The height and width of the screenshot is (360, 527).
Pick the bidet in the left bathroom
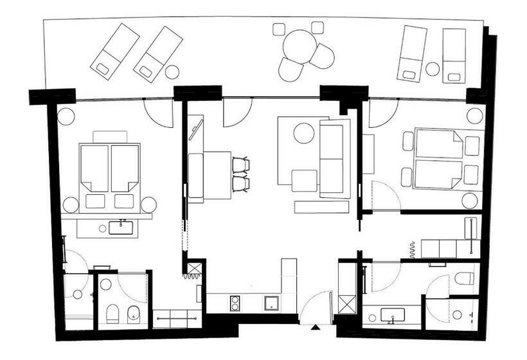[x=133, y=314]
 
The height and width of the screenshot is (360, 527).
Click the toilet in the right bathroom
[x=464, y=278]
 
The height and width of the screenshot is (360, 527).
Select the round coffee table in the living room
[x=303, y=133]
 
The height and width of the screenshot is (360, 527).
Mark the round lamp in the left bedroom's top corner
[x=66, y=116]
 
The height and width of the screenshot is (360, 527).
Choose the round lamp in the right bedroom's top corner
[x=474, y=116]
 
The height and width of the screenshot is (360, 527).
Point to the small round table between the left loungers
[x=172, y=71]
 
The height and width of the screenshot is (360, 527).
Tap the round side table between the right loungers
[x=433, y=69]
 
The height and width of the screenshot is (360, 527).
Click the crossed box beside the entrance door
[x=347, y=303]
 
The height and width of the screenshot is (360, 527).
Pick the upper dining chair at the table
[x=240, y=165]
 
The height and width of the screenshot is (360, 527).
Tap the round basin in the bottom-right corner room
[x=457, y=314]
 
